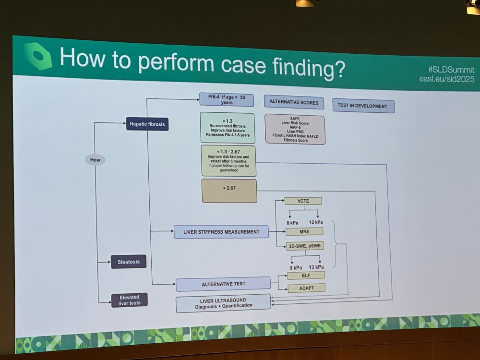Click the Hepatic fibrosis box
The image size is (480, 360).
(x=147, y=124)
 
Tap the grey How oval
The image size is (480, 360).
(x=95, y=160)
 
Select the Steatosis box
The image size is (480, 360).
(x=129, y=262)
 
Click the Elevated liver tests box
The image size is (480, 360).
(x=129, y=300)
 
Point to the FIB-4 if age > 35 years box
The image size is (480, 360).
(x=227, y=99)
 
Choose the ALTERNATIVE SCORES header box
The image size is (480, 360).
(x=293, y=102)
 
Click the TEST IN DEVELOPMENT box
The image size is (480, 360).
(x=363, y=106)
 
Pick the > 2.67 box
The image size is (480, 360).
(x=229, y=191)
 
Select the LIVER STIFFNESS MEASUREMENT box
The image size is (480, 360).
(x=221, y=232)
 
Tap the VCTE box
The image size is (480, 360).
(x=303, y=201)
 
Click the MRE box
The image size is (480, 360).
(x=304, y=231)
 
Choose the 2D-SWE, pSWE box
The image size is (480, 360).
(x=304, y=246)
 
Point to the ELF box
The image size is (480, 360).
(x=306, y=276)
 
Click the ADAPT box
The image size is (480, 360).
(x=306, y=288)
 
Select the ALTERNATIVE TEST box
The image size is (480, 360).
(x=223, y=284)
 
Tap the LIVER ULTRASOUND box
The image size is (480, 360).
(x=223, y=303)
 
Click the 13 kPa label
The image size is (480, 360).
(x=316, y=266)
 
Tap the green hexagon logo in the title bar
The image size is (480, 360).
(x=37, y=56)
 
